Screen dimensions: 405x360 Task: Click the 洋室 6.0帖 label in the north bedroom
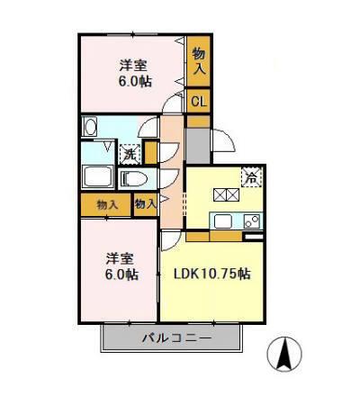(135, 72)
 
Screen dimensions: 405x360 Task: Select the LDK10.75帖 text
(211, 273)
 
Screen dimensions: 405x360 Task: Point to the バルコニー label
(174, 339)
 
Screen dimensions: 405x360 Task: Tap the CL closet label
(198, 101)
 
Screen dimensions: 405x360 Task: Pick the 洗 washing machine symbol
(130, 154)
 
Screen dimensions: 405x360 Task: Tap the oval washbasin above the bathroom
(89, 129)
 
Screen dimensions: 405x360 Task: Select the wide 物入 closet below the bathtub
(105, 205)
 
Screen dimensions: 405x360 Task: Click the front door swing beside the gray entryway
(222, 139)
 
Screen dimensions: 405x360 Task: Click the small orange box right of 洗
(150, 154)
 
